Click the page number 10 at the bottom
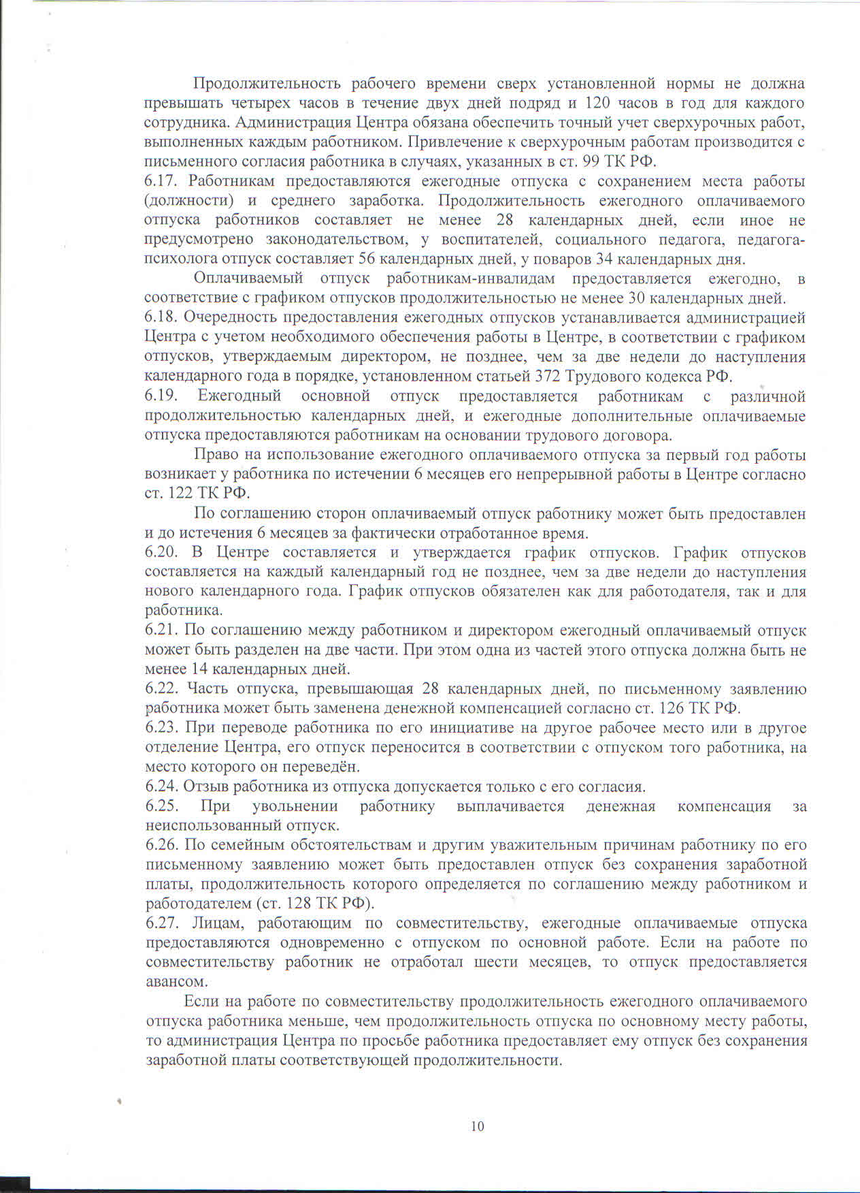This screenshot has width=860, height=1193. click(x=477, y=1126)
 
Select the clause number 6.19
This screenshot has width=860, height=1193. click(x=161, y=396)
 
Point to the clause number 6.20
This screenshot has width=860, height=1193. click(x=161, y=552)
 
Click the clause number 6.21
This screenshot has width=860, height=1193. click(x=161, y=631)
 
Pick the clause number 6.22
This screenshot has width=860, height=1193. click(x=161, y=689)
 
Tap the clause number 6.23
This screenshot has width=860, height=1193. click(x=161, y=728)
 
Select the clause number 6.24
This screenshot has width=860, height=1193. click(x=161, y=786)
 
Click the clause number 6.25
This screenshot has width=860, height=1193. click(x=162, y=806)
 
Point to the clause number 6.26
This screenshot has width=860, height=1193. click(x=162, y=845)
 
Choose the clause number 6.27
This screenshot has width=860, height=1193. click(x=162, y=923)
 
